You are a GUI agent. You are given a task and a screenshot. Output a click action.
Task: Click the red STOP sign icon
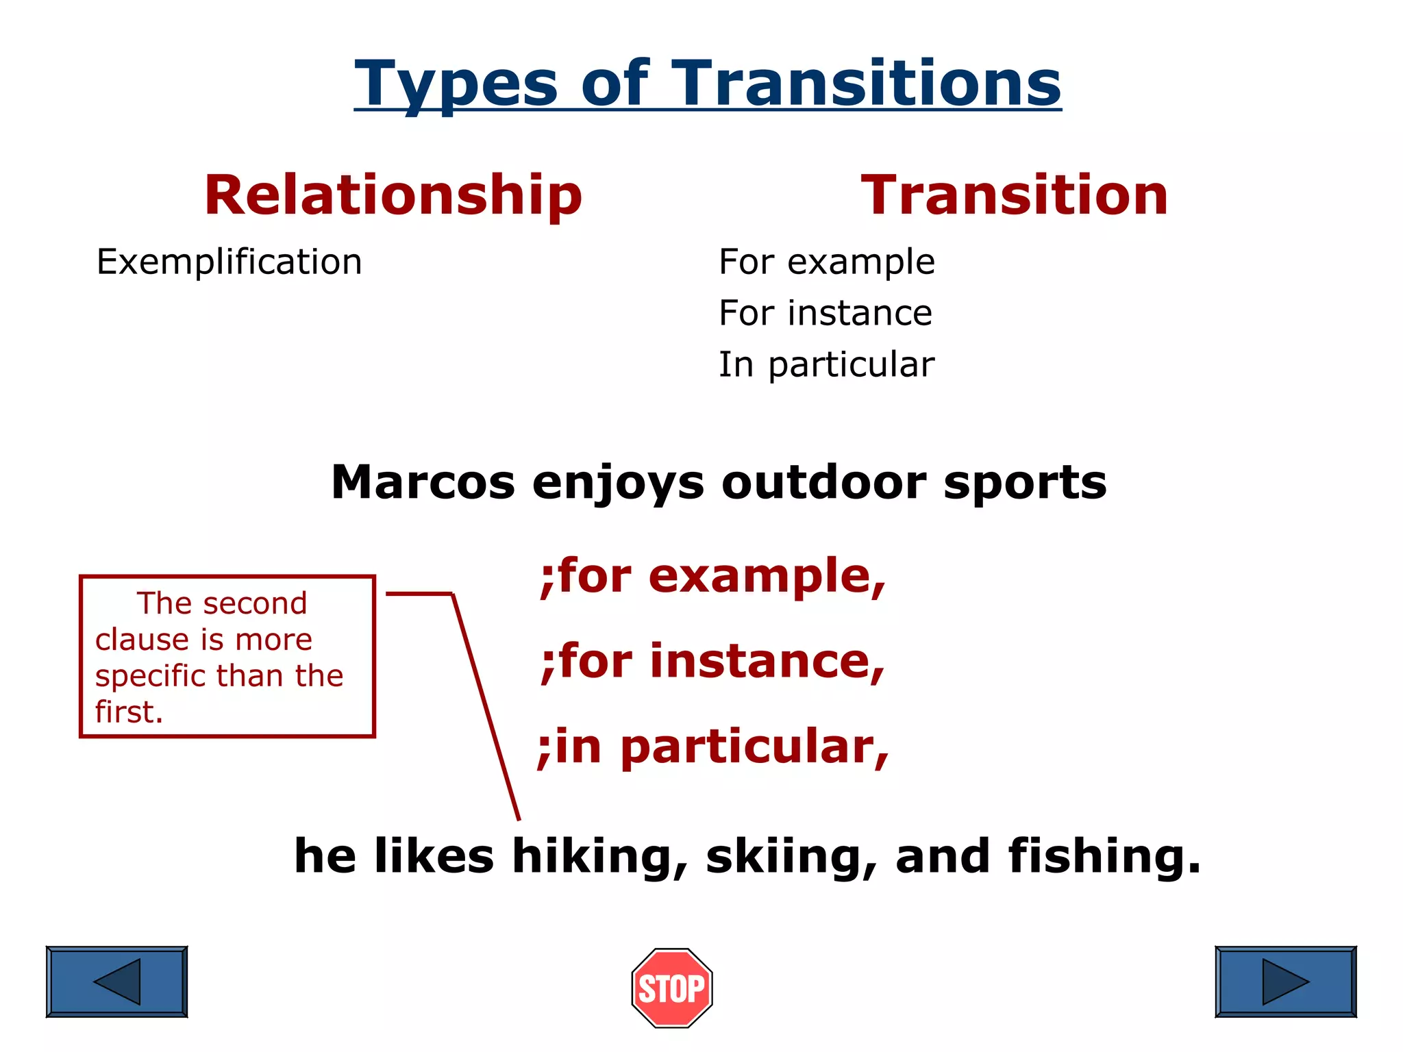tap(671, 988)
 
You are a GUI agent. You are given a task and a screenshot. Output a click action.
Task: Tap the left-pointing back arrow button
tap(116, 981)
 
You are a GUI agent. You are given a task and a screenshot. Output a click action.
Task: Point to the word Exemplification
tap(229, 262)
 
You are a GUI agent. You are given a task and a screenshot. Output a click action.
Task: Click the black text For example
tap(826, 262)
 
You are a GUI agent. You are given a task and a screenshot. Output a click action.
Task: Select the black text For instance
tap(825, 314)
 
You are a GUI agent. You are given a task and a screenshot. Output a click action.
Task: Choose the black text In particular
tap(826, 365)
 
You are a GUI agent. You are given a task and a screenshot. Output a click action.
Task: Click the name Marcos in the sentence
tap(422, 482)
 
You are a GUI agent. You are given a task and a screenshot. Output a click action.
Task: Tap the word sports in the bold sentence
tap(1024, 484)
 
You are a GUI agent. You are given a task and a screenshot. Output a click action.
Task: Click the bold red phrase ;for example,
tap(712, 577)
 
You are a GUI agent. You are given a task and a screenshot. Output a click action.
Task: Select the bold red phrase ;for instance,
tap(712, 662)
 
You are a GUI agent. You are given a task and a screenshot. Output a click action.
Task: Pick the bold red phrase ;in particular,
tap(712, 747)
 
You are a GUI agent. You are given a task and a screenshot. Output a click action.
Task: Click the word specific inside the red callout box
tap(150, 677)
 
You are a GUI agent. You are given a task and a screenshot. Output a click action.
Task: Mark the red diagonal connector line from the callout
tap(485, 705)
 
